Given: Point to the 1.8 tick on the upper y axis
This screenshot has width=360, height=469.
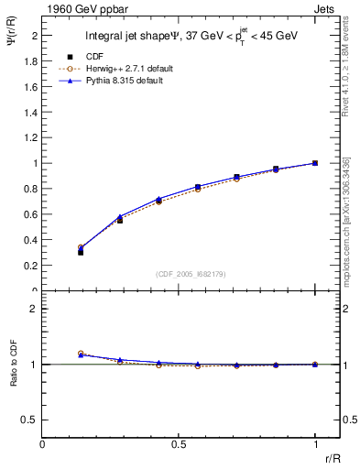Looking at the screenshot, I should (31, 60).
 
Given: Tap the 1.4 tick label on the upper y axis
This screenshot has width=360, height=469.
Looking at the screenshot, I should (31, 112).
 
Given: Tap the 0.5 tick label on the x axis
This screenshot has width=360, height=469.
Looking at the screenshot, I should (179, 443).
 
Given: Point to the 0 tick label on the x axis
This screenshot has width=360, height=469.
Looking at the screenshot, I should (43, 443).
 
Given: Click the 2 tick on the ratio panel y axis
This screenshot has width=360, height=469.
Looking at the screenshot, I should (34, 309).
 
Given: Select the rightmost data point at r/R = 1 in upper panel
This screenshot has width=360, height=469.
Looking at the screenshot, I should (315, 163).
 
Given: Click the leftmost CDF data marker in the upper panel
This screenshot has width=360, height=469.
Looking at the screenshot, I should (81, 251).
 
